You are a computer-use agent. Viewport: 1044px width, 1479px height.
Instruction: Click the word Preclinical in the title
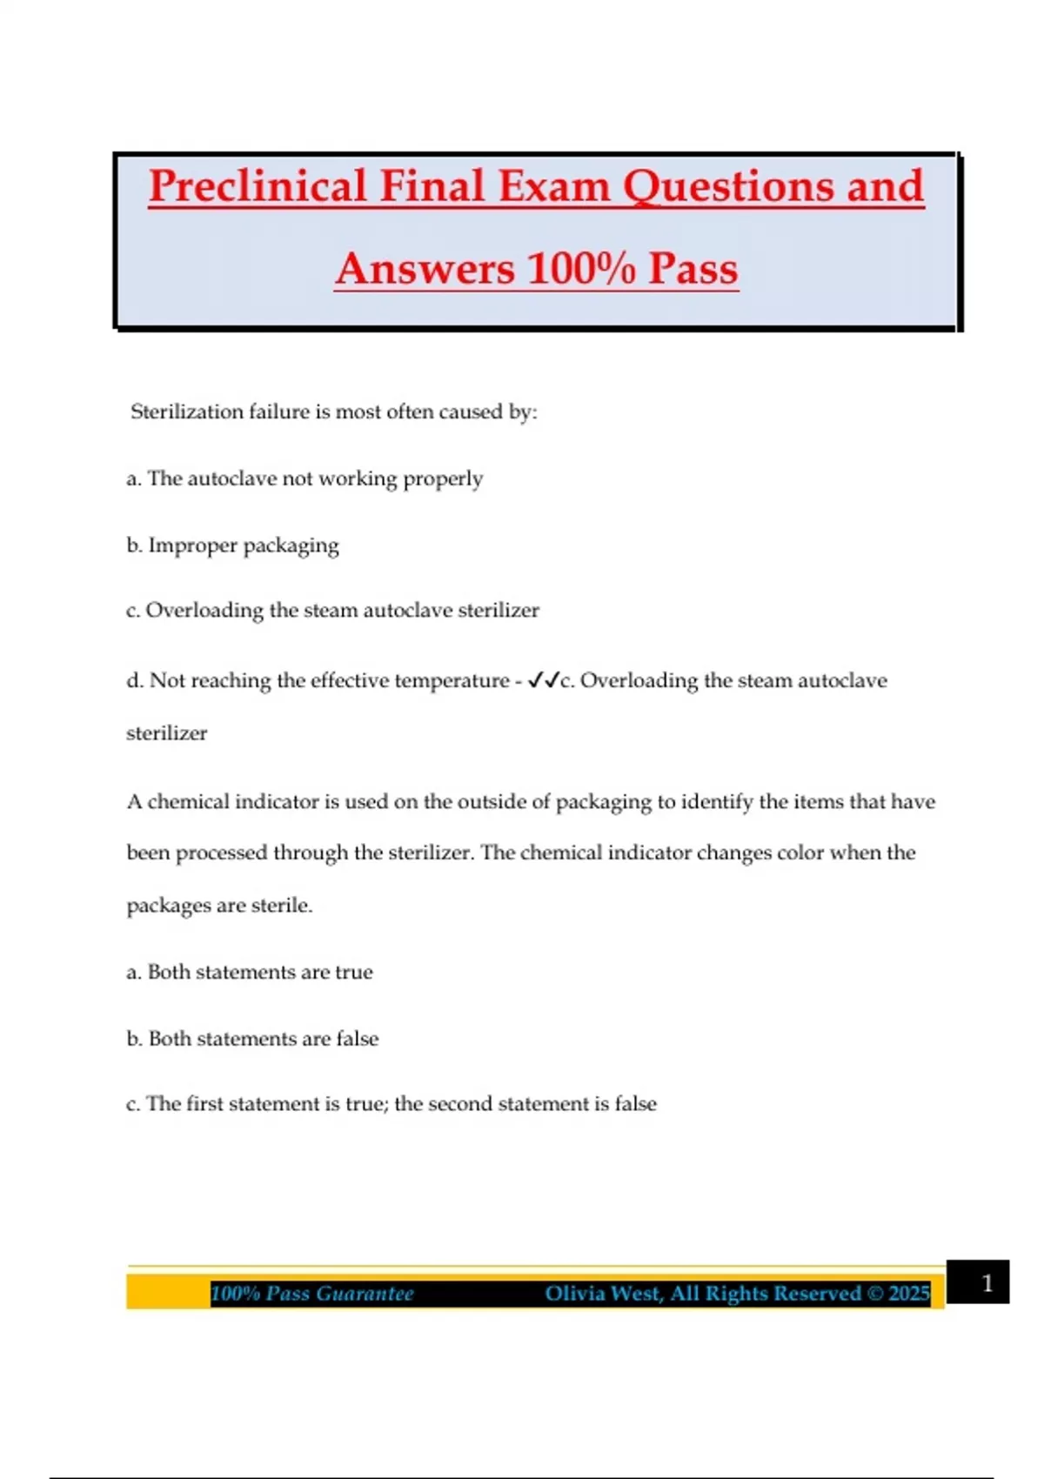pos(258,187)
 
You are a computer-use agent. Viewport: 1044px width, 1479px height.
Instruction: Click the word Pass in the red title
pos(693,268)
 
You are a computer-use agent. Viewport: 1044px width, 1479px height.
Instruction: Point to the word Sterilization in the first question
pos(186,412)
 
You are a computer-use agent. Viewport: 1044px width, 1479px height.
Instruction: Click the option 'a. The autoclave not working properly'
pos(304,478)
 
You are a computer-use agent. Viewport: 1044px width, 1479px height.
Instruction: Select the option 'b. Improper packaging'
pos(232,545)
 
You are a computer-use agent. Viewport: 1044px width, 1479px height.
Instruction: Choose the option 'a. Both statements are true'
pos(250,972)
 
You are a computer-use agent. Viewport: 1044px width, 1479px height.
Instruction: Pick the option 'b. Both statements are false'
pos(252,1039)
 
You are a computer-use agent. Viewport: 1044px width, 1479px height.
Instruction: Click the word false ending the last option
pos(635,1104)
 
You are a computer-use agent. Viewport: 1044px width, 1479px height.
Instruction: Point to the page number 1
pos(987,1283)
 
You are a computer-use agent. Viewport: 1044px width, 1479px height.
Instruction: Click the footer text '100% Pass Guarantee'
pos(312,1294)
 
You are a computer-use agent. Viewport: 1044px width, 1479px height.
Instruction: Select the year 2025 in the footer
pos(908,1294)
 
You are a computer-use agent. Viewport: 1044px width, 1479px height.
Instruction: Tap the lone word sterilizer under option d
pos(166,733)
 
